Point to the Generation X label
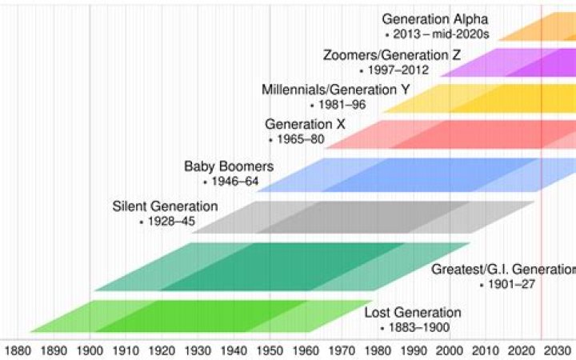[x=299, y=124]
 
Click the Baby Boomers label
[x=229, y=166]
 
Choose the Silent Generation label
[x=165, y=206]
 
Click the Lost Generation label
[x=412, y=312]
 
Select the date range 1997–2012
[x=398, y=70]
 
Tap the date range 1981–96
[x=342, y=105]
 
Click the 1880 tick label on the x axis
[x=18, y=349]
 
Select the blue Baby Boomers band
[x=416, y=174]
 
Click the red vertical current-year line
[x=542, y=240]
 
